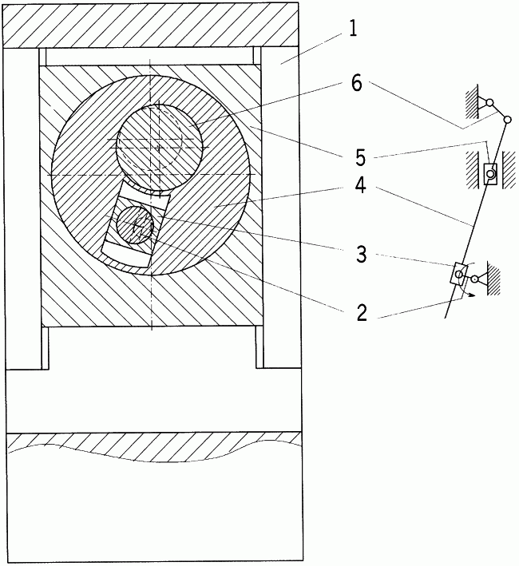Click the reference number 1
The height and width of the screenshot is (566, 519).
(353, 28)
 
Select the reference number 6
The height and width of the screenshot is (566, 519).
(356, 84)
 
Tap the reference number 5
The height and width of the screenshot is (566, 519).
(360, 158)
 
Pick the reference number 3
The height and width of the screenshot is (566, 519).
(361, 254)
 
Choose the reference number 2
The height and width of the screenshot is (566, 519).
(362, 313)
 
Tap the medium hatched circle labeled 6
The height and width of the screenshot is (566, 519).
(158, 147)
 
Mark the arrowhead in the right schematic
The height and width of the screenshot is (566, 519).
(470, 295)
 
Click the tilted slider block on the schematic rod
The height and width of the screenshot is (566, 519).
(458, 273)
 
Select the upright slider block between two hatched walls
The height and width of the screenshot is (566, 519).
(490, 173)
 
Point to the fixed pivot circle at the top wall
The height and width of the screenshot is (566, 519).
(489, 103)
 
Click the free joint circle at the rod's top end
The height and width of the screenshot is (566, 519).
(507, 119)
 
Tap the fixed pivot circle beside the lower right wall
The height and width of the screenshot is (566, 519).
(473, 279)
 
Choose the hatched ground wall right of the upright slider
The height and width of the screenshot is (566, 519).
(508, 170)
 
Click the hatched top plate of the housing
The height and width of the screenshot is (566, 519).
(150, 25)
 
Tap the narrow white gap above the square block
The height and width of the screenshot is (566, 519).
(150, 56)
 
